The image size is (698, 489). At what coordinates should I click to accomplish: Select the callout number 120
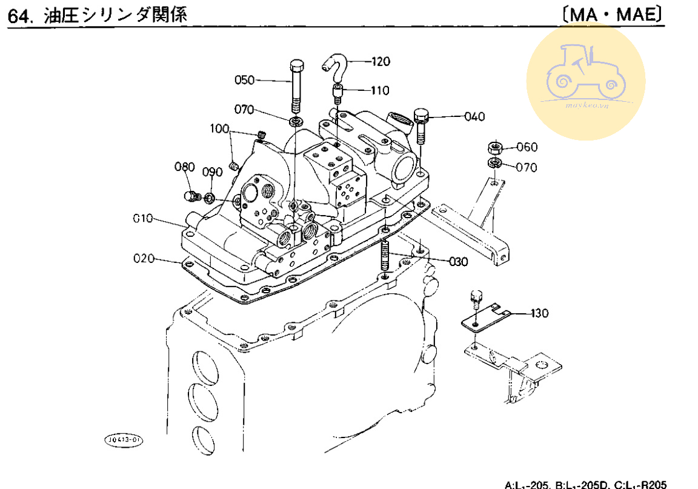[x=381, y=61]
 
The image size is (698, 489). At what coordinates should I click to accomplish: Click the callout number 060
[x=527, y=147]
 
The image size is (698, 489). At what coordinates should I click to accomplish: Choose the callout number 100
[x=220, y=128]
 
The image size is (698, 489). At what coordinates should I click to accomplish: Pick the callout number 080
[x=184, y=167]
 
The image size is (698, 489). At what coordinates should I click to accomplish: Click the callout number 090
[x=213, y=171]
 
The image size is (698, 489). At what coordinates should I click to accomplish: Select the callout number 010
[x=144, y=218]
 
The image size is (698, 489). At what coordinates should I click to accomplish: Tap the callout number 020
[x=144, y=259]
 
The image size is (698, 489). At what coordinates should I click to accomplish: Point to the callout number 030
[x=458, y=262]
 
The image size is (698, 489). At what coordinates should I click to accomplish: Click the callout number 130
[x=539, y=313]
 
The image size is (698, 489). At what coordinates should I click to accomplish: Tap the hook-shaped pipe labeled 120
[x=335, y=62]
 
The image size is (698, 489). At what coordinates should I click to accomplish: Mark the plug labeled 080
[x=191, y=196]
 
